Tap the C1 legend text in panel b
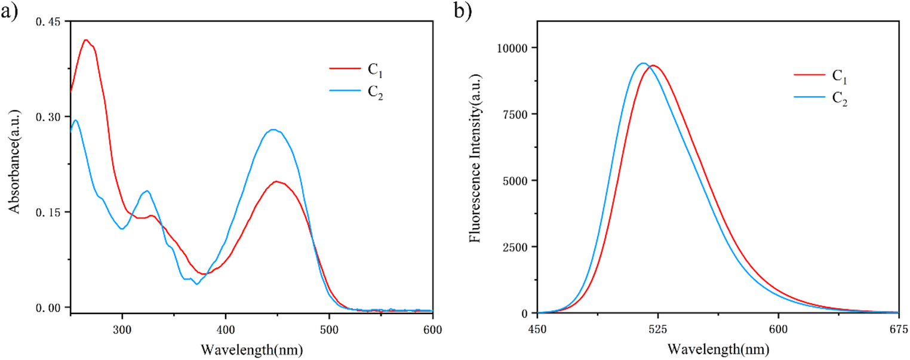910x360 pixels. tap(839, 76)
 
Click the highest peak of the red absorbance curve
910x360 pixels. tap(86, 40)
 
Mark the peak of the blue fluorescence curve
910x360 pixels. tap(643, 63)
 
